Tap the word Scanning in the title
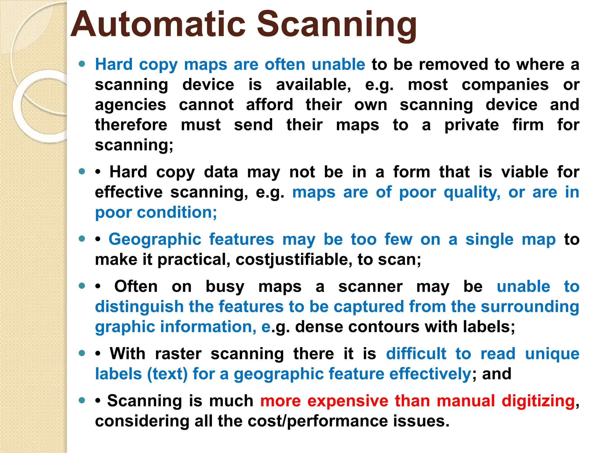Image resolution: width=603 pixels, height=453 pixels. click(x=337, y=25)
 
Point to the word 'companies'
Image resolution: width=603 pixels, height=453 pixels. click(x=505, y=85)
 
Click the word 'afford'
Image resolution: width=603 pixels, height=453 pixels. click(x=269, y=105)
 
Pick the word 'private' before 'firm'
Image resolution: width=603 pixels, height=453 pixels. click(x=472, y=125)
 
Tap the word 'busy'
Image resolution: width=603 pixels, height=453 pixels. click(x=225, y=287)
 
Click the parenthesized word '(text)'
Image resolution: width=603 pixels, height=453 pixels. click(x=167, y=374)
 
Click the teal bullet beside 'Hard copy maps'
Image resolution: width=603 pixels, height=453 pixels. click(x=82, y=64)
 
